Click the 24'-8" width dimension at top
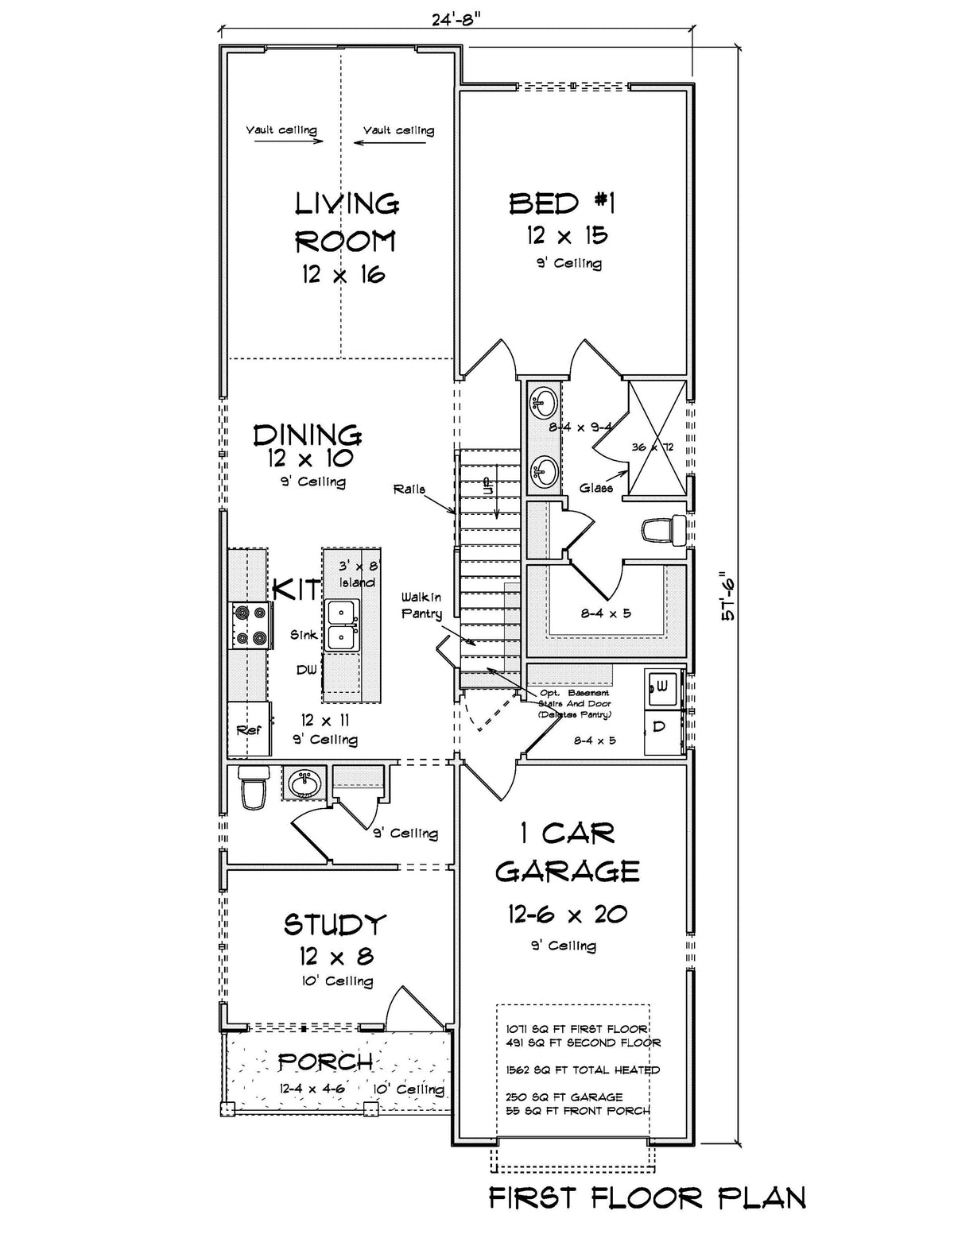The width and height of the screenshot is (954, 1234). [x=458, y=19]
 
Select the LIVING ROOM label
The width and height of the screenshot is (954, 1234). [x=347, y=222]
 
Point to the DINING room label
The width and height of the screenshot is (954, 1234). [x=308, y=435]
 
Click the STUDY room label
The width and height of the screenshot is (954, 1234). [x=335, y=925]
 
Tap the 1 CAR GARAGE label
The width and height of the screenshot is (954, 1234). [x=568, y=853]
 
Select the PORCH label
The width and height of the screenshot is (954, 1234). [x=325, y=1062]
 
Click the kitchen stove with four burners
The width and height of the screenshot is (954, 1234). [x=250, y=625]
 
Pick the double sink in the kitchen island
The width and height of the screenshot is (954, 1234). [x=342, y=625]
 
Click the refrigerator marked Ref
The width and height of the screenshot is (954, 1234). [x=248, y=729]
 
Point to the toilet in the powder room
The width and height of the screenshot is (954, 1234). [x=252, y=787]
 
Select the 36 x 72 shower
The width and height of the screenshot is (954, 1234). [x=656, y=438]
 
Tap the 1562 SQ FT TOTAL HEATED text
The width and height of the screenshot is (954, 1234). [x=583, y=1070]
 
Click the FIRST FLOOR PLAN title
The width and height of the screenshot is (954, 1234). [x=647, y=1197]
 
